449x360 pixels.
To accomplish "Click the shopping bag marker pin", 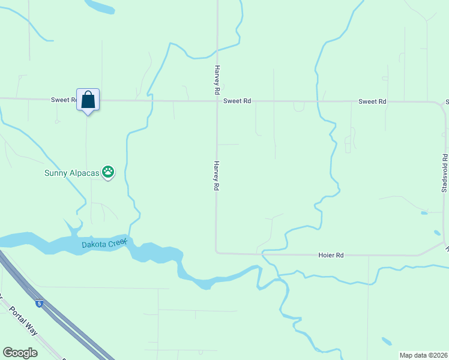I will click(x=88, y=101).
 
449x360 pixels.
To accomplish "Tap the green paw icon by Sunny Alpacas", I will click(x=108, y=173).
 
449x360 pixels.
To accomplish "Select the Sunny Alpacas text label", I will click(x=71, y=173).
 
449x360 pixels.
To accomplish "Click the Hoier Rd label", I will click(x=331, y=256).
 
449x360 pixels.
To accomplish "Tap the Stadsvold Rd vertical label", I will click(x=445, y=173).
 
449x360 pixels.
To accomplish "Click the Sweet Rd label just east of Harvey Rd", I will click(x=237, y=101).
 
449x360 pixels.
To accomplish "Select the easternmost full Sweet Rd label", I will click(x=372, y=101).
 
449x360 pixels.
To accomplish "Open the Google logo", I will click(x=20, y=353).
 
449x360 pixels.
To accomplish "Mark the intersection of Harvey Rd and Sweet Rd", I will click(x=217, y=101).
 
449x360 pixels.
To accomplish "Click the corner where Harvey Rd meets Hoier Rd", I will click(x=217, y=253).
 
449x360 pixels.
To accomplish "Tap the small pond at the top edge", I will click(x=101, y=7).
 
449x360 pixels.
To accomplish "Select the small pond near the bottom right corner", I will click(x=386, y=341).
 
